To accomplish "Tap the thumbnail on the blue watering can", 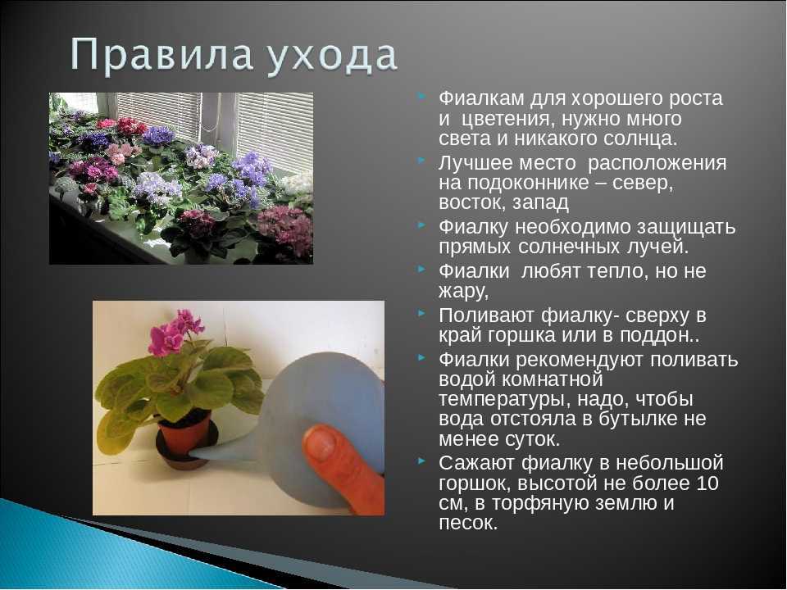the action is pos(321,442).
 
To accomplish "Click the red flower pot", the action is pos(184,433).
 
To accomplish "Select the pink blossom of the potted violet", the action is pos(173,332).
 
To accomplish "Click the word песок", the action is pos(468,524).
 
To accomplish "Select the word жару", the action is pos(462,292).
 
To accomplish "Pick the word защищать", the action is pos(687,227).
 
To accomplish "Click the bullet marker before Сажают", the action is pos(422,460).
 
